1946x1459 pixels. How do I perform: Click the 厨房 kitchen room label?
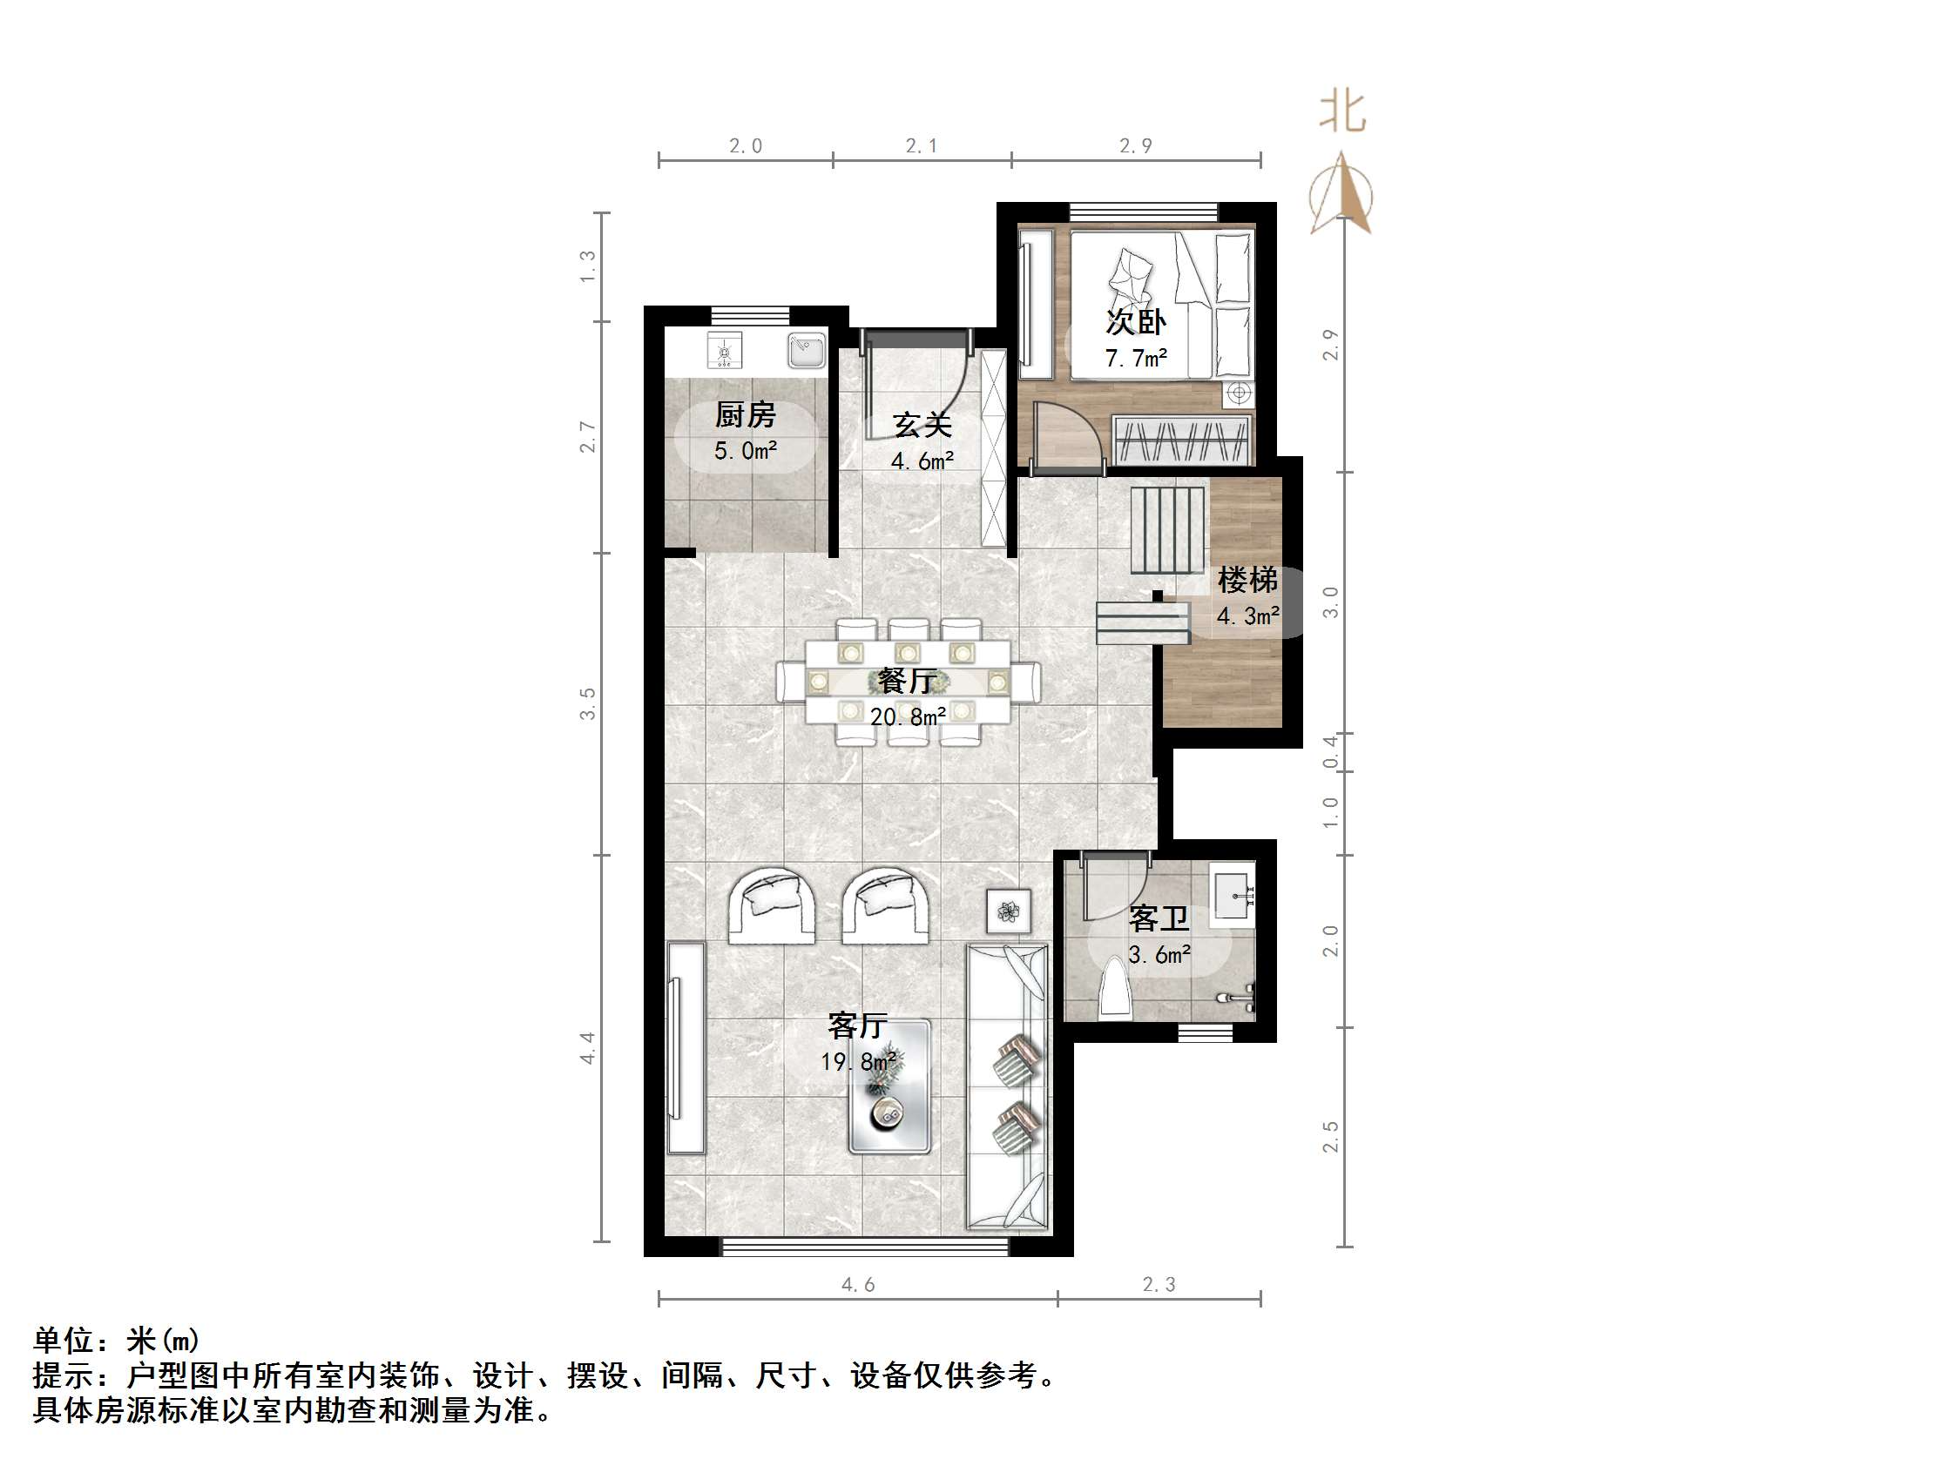[x=745, y=413]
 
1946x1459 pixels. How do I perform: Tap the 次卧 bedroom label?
[x=1136, y=322]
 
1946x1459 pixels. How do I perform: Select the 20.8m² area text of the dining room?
[x=908, y=716]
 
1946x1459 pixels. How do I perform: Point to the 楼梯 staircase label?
[x=1247, y=580]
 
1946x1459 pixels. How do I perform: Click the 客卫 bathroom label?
[x=1159, y=918]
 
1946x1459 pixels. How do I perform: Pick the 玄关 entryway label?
[x=922, y=426]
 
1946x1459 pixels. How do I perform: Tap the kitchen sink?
[x=805, y=350]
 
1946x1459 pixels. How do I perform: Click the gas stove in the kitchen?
[x=725, y=351]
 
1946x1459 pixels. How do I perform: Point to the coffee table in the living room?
[x=889, y=1087]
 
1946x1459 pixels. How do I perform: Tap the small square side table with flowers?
[x=1008, y=911]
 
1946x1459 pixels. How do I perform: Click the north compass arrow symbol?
[x=1341, y=193]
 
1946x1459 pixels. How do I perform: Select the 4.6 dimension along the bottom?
[x=858, y=1285]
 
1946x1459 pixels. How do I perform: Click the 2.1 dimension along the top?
[x=921, y=146]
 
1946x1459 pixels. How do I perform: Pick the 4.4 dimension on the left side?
[x=588, y=1048]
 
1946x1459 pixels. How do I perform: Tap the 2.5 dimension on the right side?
[x=1330, y=1136]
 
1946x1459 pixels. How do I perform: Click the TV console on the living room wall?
[x=686, y=1047]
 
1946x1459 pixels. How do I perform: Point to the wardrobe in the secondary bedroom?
[x=1181, y=440]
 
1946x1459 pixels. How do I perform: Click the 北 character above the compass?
[x=1342, y=113]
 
